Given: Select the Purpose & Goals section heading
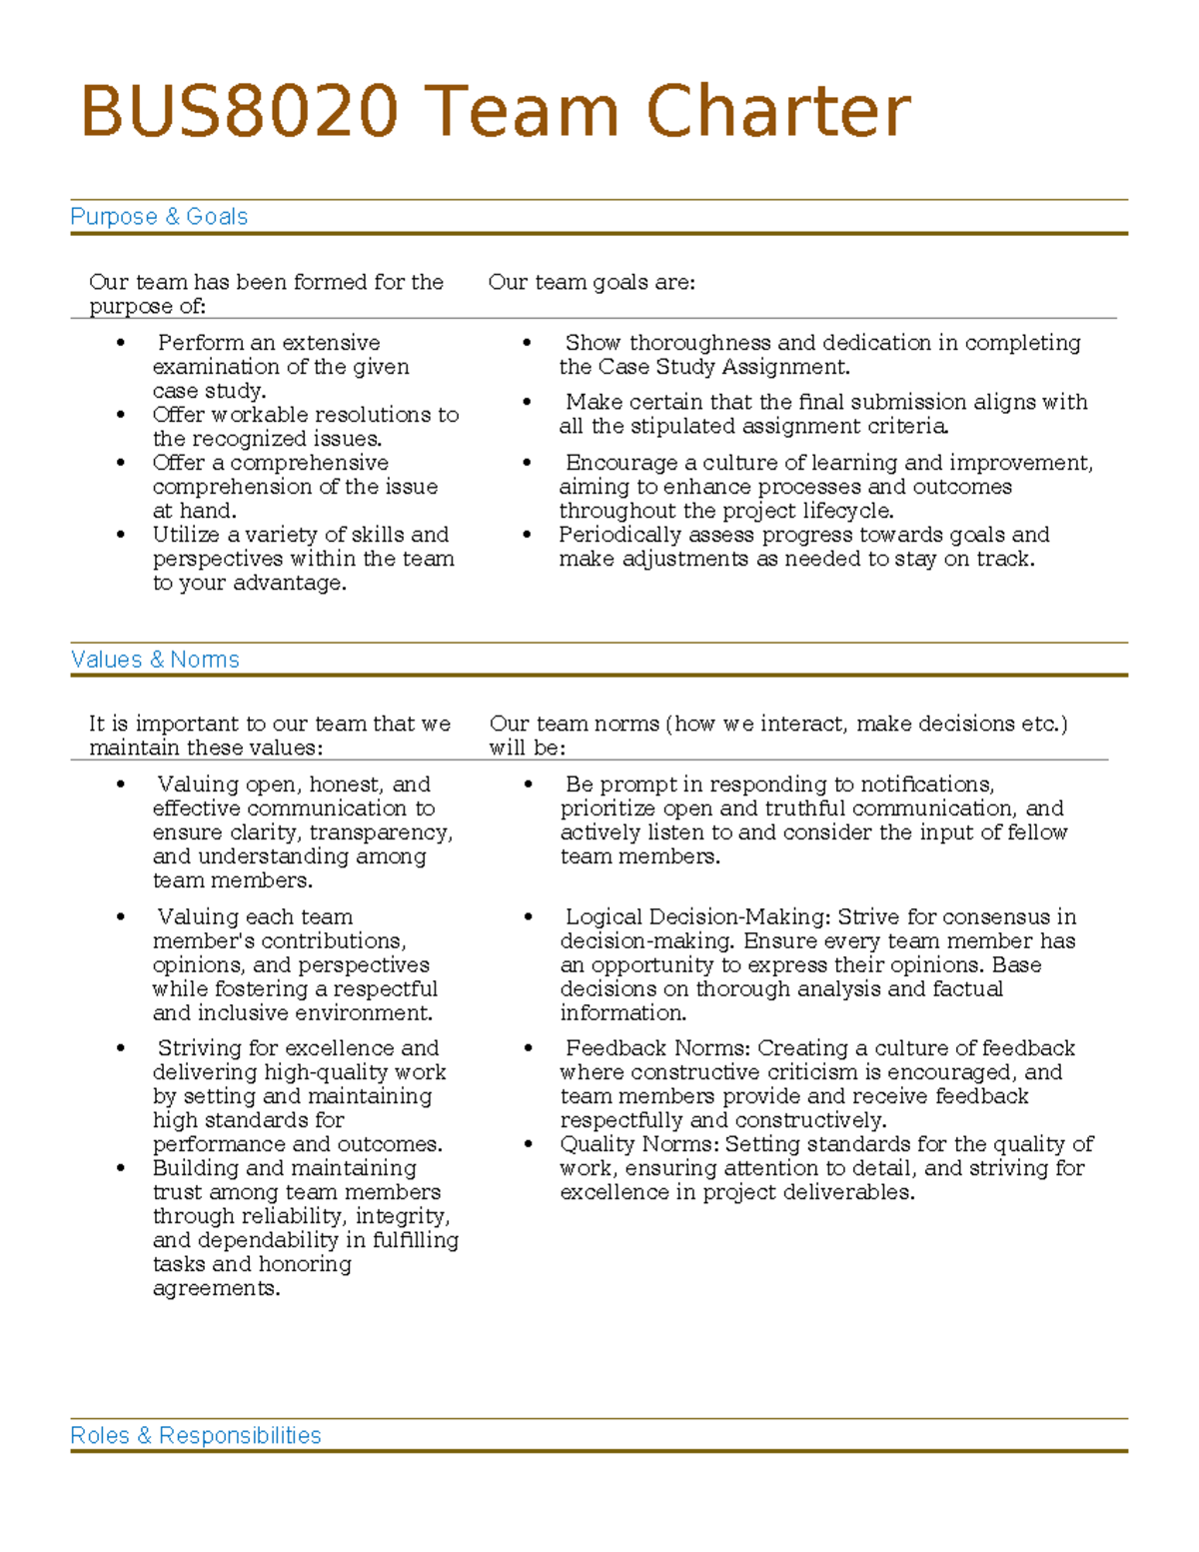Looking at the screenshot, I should coord(159,217).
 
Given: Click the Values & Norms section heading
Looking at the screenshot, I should coord(155,660).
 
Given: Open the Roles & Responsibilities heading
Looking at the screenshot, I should coord(196,1436).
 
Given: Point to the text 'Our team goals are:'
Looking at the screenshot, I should coord(592,283).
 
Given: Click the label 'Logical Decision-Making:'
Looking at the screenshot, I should coord(697,916).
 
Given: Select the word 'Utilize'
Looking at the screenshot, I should coord(187,535).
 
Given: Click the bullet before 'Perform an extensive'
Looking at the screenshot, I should coord(121,343).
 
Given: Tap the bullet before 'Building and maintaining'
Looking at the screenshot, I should coord(121,1168).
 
